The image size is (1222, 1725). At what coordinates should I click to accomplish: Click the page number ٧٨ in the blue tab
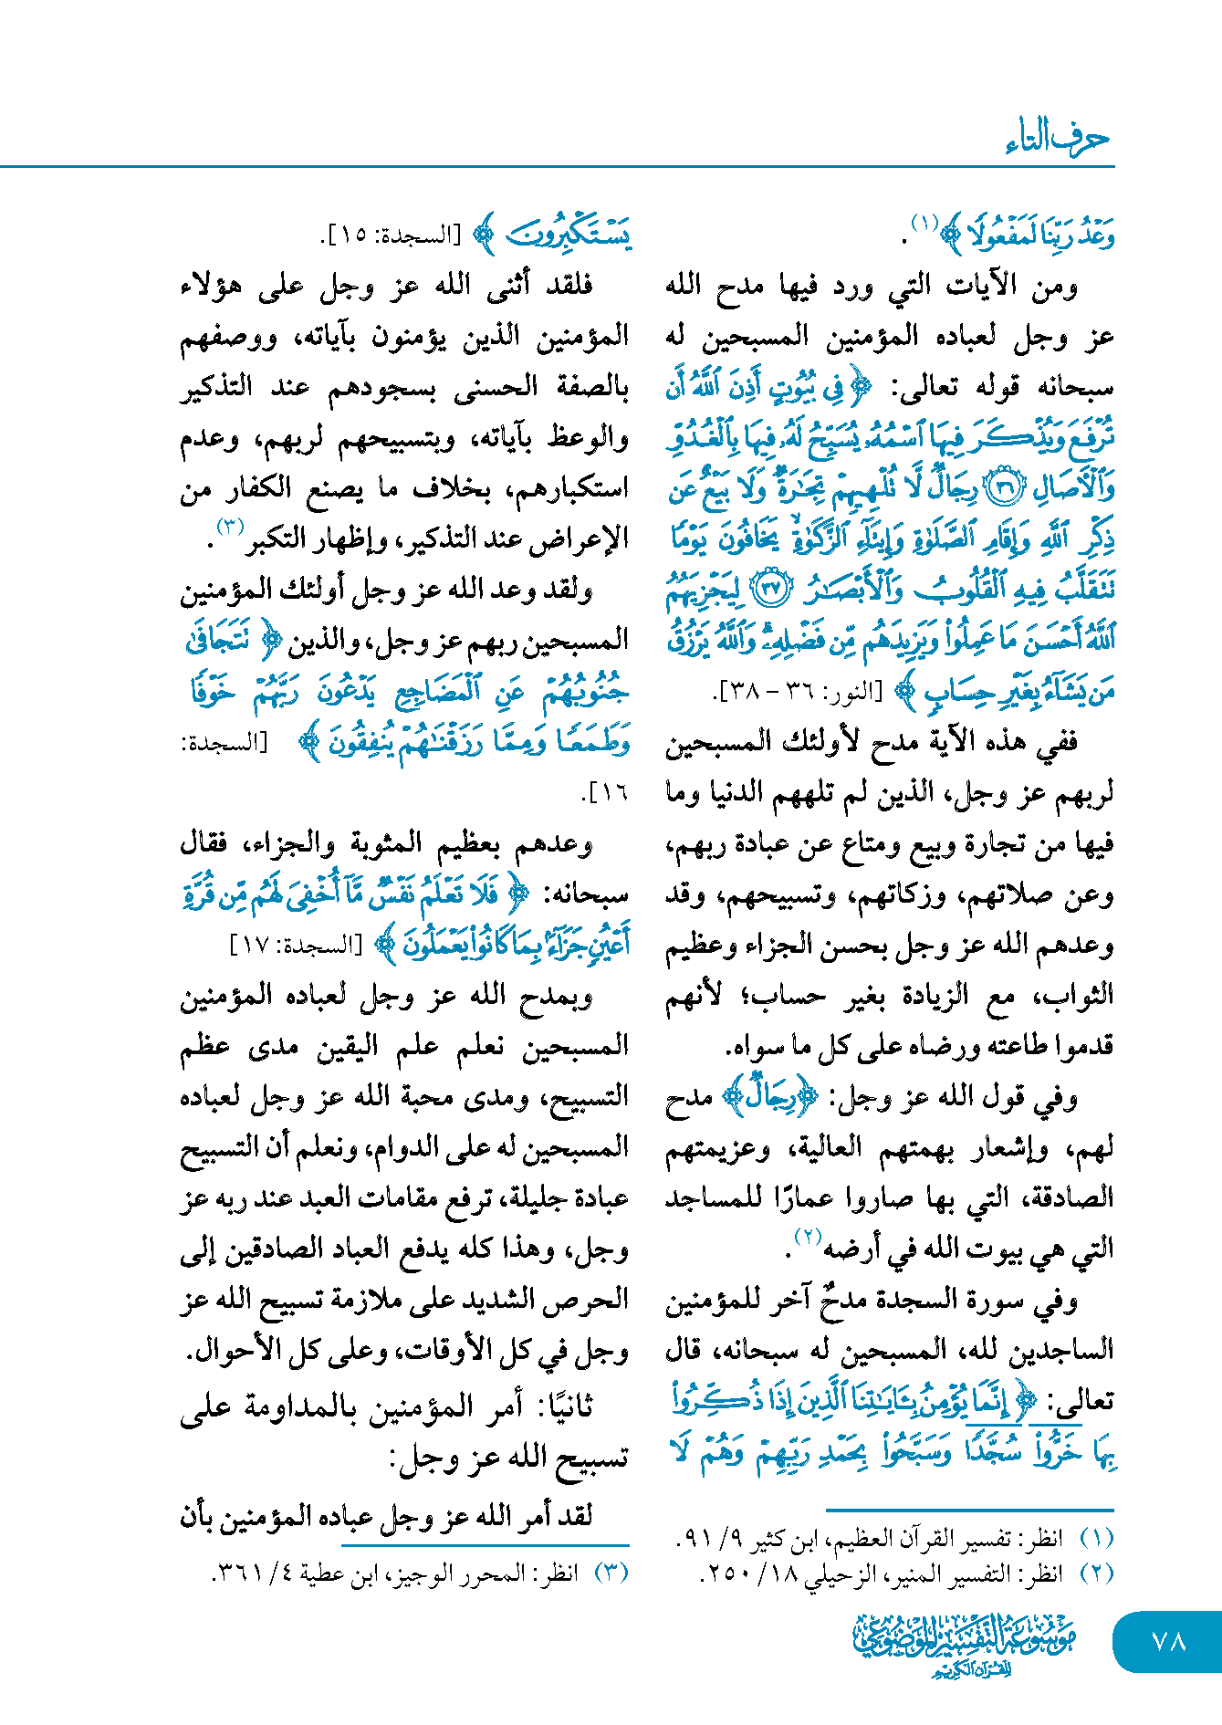tap(1168, 1640)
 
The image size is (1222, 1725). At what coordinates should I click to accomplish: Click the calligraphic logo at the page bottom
tap(965, 1644)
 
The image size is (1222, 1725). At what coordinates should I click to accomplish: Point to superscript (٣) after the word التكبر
tap(228, 527)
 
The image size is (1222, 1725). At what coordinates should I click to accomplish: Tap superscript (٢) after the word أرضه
tap(809, 1238)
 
